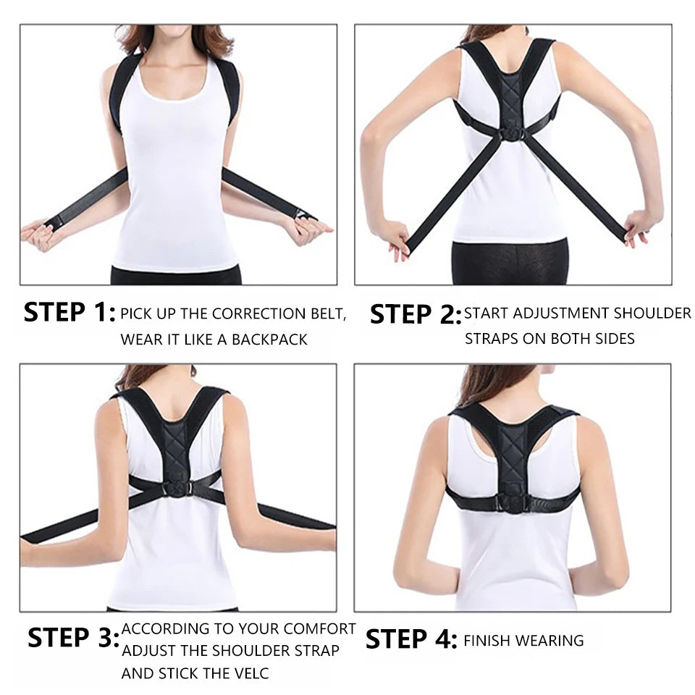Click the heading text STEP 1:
(x=69, y=313)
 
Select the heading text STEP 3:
(x=73, y=638)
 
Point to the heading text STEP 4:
(x=410, y=639)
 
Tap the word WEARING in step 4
(x=552, y=640)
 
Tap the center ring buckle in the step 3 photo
(x=177, y=489)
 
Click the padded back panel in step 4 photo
(x=512, y=456)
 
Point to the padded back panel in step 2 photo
(x=512, y=94)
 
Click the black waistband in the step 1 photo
(x=176, y=275)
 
